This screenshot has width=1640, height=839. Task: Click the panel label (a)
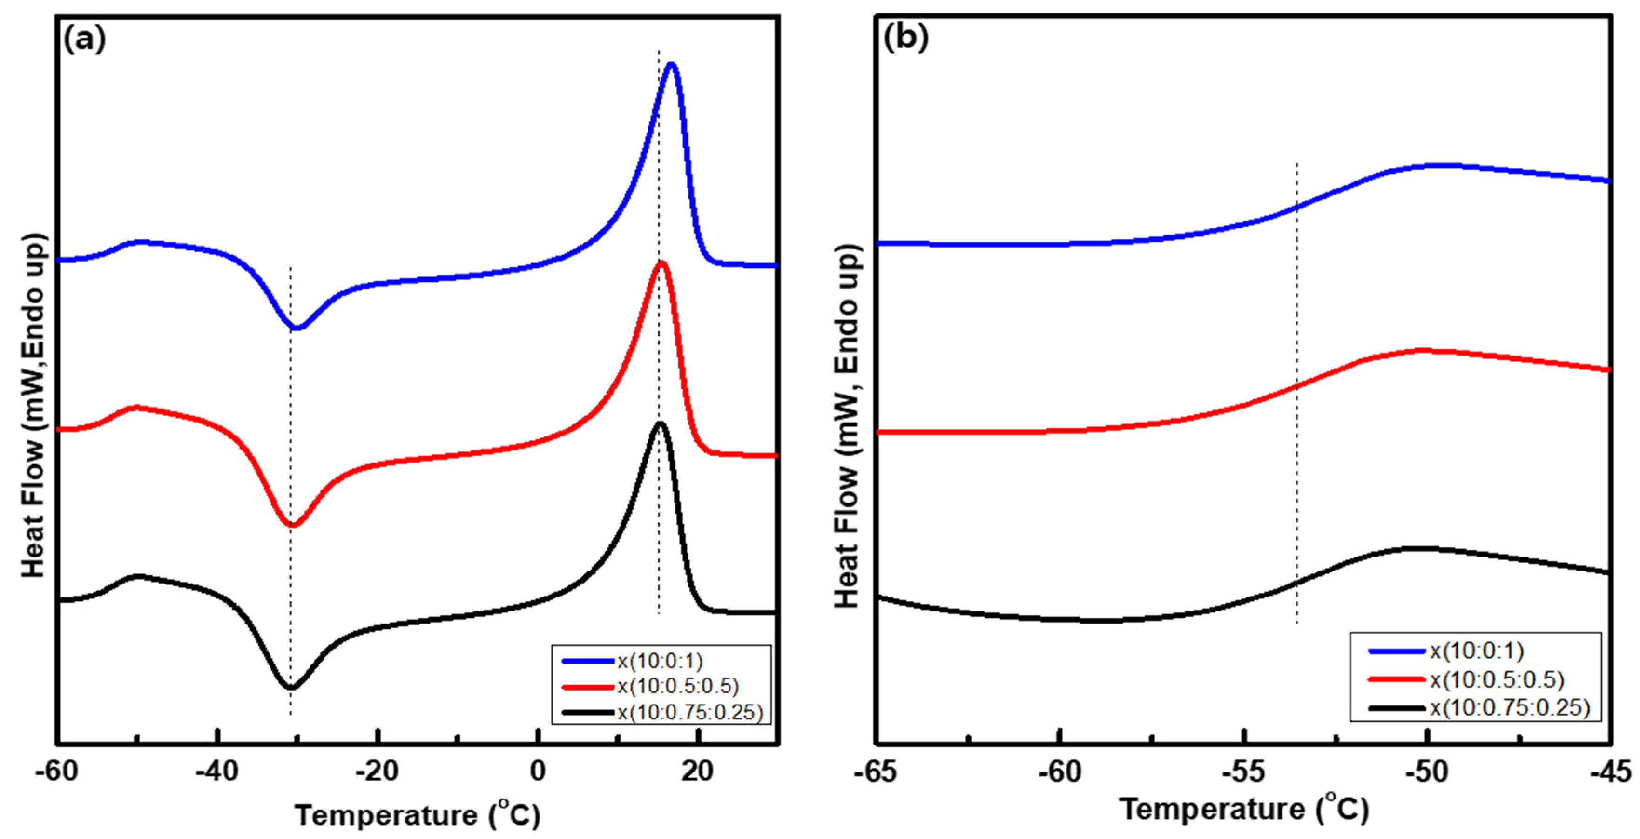click(x=85, y=40)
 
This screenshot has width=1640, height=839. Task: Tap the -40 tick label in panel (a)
click(x=217, y=772)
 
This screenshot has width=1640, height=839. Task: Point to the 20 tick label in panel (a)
click(x=698, y=772)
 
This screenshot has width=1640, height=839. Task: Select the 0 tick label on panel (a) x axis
click(x=538, y=772)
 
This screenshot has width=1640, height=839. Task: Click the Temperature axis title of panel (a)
click(x=418, y=815)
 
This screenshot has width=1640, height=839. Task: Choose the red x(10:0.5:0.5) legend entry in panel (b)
click(x=1496, y=679)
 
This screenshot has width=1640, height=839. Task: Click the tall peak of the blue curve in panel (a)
click(x=671, y=64)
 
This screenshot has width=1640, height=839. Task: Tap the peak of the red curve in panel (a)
click(x=661, y=263)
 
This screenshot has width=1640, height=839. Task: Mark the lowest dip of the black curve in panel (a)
click(x=291, y=687)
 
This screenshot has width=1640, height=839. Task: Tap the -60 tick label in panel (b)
click(x=1060, y=772)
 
